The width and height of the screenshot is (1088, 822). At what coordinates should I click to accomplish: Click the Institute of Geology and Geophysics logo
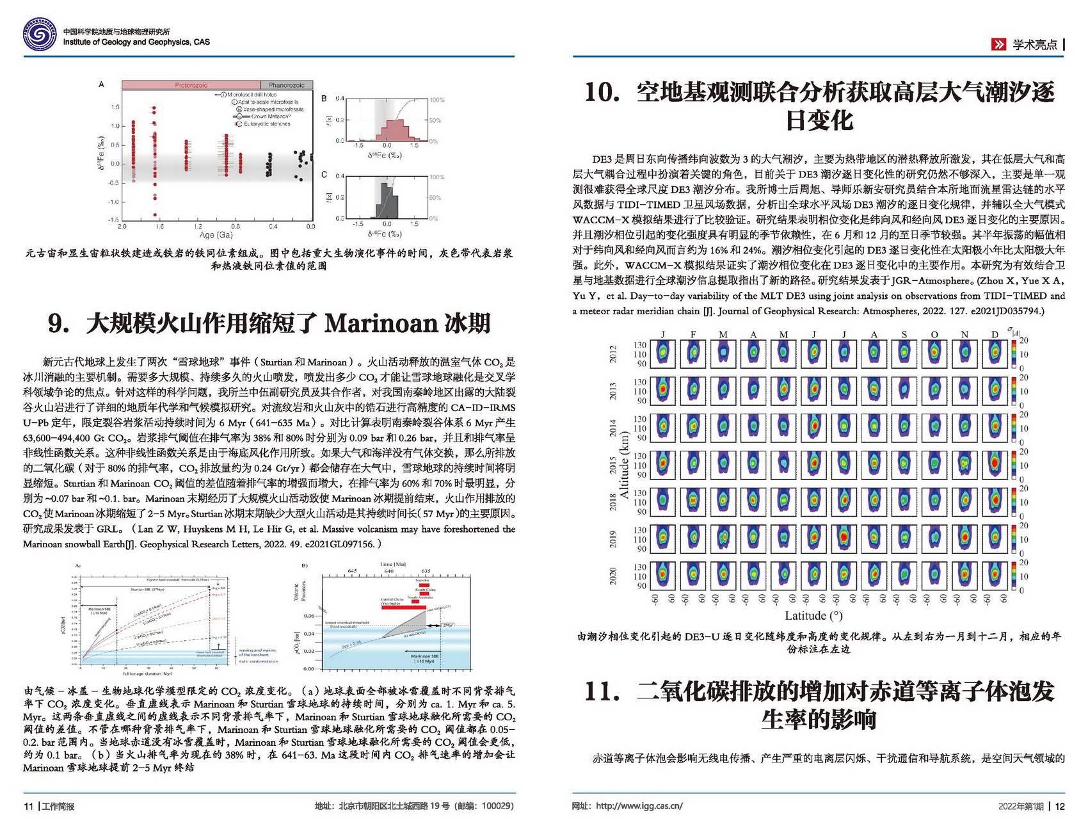[x=39, y=35]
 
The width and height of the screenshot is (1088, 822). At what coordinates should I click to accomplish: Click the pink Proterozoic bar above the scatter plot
[x=191, y=85]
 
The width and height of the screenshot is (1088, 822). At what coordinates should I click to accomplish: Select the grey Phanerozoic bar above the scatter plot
[x=286, y=85]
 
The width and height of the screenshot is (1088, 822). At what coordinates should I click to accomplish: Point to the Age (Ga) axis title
[x=216, y=235]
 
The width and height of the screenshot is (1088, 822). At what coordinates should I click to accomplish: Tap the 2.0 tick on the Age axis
[x=122, y=227]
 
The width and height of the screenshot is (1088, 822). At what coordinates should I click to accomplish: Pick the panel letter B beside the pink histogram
[x=324, y=99]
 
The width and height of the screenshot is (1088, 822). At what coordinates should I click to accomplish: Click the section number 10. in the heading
[x=602, y=93]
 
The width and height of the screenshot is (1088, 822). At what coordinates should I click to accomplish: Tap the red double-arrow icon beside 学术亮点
[x=998, y=44]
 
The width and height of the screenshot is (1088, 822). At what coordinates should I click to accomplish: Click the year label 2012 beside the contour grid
[x=612, y=354]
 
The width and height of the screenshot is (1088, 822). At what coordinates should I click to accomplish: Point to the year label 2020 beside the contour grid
[x=612, y=576]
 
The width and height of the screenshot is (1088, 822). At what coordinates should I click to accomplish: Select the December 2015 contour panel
[x=995, y=464]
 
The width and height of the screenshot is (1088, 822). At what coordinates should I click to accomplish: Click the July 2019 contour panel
[x=844, y=538]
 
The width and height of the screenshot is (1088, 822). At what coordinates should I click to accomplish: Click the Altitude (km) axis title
[x=625, y=465]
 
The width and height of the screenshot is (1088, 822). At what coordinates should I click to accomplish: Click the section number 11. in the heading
[x=602, y=691]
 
